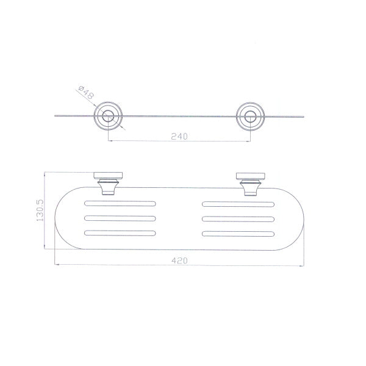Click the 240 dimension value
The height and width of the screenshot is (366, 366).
click(x=179, y=137)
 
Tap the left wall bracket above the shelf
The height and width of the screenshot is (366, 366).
click(x=109, y=183)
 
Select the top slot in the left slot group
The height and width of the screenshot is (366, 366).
click(x=120, y=203)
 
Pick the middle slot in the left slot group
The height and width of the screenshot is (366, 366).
click(x=120, y=217)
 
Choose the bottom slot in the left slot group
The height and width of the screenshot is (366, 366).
click(x=120, y=232)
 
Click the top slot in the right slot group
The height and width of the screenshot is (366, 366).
click(x=238, y=203)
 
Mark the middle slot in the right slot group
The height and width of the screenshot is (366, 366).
click(x=238, y=217)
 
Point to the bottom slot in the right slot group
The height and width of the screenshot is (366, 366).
click(x=238, y=232)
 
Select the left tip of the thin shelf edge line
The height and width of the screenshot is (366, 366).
click(x=56, y=115)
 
